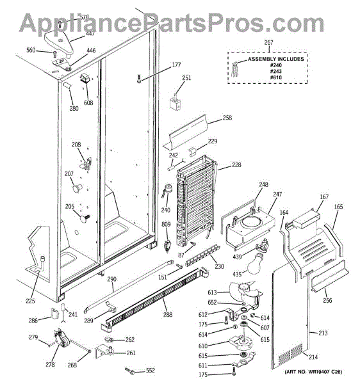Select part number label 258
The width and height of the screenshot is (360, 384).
(227, 118)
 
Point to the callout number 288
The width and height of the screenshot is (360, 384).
(168, 314)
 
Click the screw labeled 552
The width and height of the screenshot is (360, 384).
(130, 371)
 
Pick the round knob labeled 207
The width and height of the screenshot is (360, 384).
(78, 189)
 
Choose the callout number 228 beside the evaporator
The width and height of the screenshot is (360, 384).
(236, 165)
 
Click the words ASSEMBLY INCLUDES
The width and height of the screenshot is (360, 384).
(275, 59)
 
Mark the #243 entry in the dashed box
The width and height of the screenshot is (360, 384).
(275, 71)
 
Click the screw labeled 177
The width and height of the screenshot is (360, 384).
(139, 79)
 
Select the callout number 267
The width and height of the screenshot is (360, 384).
(268, 43)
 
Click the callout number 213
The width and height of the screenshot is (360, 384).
(323, 333)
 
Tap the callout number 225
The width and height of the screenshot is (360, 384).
(30, 301)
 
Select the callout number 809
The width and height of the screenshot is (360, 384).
(166, 224)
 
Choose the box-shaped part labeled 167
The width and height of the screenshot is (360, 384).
(306, 218)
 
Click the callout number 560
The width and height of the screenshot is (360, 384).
(31, 50)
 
